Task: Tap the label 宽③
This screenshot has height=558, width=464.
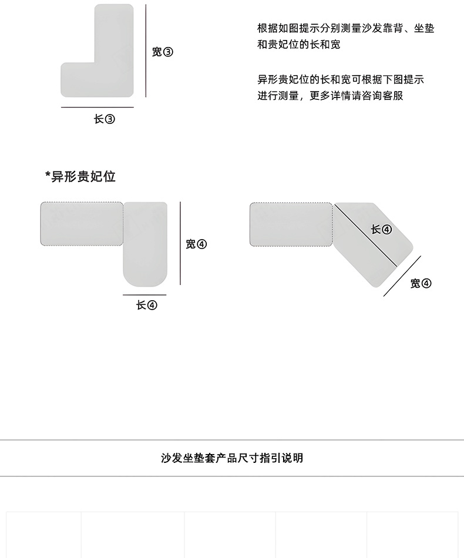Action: click(x=162, y=52)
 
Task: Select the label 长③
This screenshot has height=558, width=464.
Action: click(x=105, y=119)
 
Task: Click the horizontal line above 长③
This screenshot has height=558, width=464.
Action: click(x=97, y=107)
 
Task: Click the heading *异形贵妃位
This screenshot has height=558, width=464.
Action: click(x=80, y=176)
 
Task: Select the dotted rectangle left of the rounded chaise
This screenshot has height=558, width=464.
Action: click(x=82, y=224)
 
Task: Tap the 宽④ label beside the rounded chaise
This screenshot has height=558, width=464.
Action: click(x=196, y=244)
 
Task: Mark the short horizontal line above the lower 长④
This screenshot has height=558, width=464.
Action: click(x=144, y=295)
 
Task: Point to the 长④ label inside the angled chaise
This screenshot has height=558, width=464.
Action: click(x=381, y=230)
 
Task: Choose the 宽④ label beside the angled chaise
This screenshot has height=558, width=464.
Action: click(x=421, y=284)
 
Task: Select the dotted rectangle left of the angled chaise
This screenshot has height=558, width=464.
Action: click(x=292, y=224)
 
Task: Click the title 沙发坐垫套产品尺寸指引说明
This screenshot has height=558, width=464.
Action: click(x=232, y=458)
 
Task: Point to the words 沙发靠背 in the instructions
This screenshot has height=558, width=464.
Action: click(x=369, y=29)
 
